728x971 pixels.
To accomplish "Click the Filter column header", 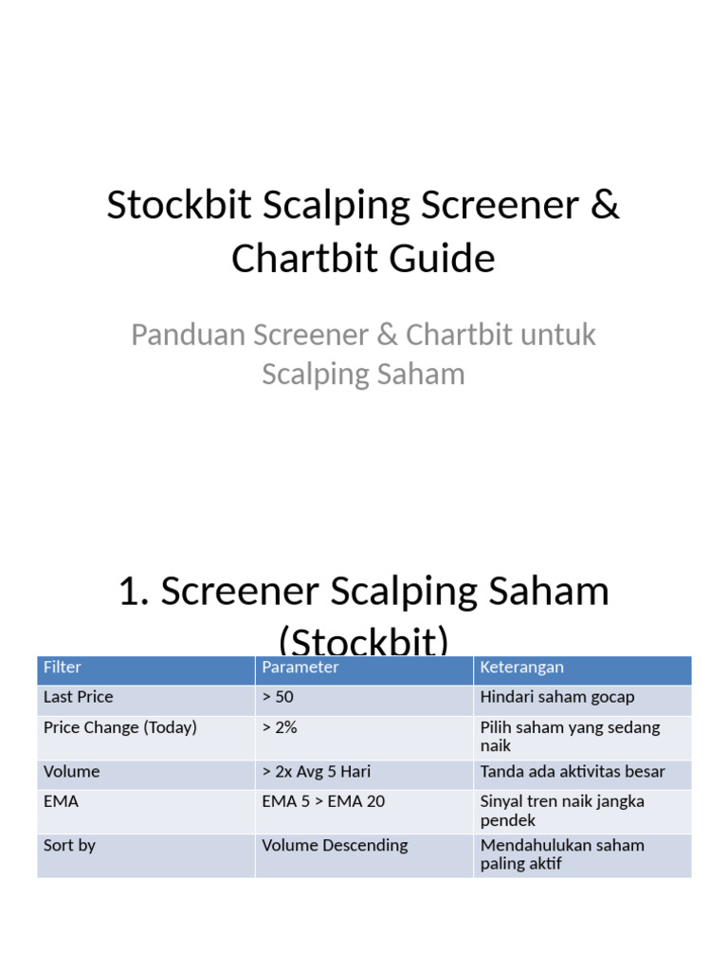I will (x=63, y=668).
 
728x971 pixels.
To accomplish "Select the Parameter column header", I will (x=300, y=668).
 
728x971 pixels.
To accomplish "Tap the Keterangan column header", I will (x=521, y=668).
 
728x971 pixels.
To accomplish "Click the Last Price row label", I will (x=78, y=697).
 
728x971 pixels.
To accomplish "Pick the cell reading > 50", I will (x=278, y=697).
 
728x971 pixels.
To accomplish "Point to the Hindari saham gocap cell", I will (x=557, y=697).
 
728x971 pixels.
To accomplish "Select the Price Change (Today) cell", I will (x=120, y=728).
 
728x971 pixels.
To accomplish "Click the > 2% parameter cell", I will (x=280, y=728).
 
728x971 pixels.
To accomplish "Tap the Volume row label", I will (x=71, y=772).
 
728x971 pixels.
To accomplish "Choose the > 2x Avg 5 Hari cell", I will (x=316, y=772).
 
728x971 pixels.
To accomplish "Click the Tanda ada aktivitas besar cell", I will (x=573, y=772).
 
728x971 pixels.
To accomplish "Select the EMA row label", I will (x=61, y=801).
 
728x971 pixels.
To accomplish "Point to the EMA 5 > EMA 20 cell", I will (x=323, y=801).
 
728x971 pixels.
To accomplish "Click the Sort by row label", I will (x=69, y=845).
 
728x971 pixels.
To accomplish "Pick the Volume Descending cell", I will (x=335, y=845).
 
